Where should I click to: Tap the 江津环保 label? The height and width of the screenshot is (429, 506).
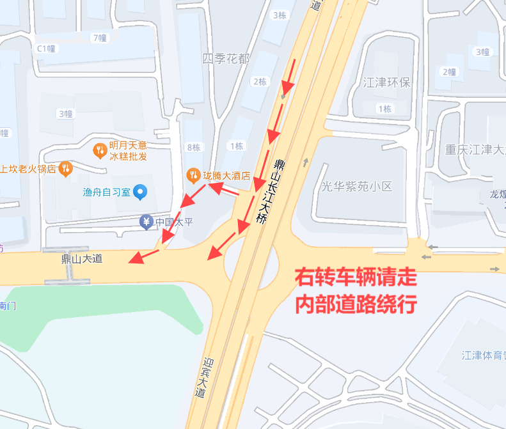click(386, 83)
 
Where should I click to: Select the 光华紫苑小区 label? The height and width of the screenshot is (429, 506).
click(356, 186)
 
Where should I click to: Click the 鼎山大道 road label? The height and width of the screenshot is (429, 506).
click(81, 259)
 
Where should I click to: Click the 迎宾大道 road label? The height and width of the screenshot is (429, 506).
click(203, 378)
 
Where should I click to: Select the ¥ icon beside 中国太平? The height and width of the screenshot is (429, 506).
click(146, 222)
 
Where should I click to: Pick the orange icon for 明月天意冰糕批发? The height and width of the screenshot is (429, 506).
click(100, 150)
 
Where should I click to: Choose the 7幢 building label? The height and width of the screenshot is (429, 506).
click(99, 38)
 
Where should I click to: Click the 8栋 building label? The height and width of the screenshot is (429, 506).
click(193, 148)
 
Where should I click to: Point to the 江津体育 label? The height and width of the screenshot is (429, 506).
click(483, 355)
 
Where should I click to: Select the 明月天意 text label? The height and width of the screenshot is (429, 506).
click(128, 145)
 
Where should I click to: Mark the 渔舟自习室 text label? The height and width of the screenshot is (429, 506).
click(106, 192)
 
